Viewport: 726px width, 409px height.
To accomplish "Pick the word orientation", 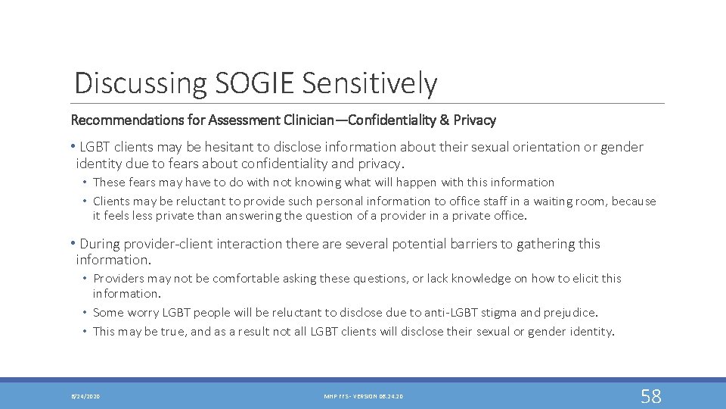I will (x=542, y=147).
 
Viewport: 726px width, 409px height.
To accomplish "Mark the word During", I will (x=101, y=244).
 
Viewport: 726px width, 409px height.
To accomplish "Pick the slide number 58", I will (x=650, y=395).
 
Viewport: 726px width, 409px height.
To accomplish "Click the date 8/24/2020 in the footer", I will (x=85, y=396).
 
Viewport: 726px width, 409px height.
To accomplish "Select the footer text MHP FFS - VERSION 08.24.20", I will (x=362, y=396).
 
